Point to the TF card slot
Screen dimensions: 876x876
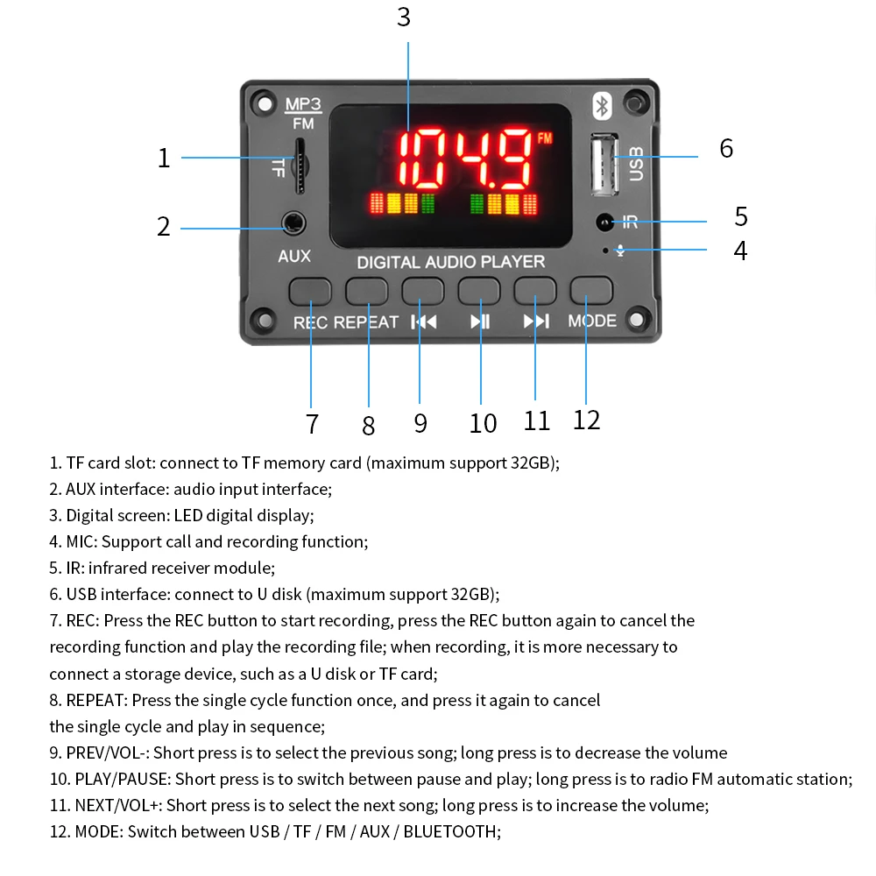(300, 166)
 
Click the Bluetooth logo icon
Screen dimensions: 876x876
(602, 106)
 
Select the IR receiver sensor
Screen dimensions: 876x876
(604, 223)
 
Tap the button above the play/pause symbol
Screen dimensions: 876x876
(478, 290)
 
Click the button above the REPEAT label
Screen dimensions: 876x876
(366, 290)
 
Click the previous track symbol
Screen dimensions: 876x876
(424, 321)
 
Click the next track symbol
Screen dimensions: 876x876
(536, 321)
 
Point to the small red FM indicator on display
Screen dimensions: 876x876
(545, 138)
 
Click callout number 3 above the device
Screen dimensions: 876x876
(403, 18)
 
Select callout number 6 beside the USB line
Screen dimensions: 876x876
(726, 148)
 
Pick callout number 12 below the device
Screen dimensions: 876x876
(586, 420)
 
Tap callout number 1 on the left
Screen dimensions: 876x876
(164, 159)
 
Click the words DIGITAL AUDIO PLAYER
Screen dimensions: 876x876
(450, 262)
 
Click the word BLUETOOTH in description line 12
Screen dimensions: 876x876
(449, 831)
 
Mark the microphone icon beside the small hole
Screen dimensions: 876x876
(620, 251)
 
